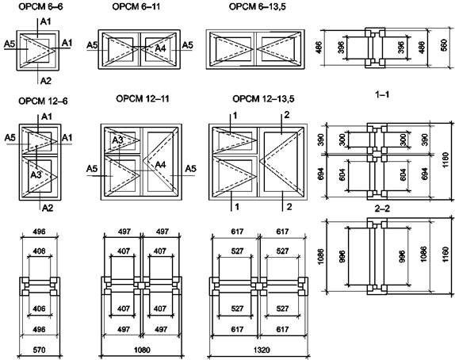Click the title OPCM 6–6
point(40,6)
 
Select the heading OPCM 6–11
point(136,6)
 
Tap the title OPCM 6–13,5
point(258,7)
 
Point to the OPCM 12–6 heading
point(43,101)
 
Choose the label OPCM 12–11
point(143,98)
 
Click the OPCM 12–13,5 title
point(263,99)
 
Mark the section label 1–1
point(382,94)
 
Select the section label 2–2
point(382,209)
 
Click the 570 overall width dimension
point(39,350)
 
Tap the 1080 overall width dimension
point(142,350)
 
